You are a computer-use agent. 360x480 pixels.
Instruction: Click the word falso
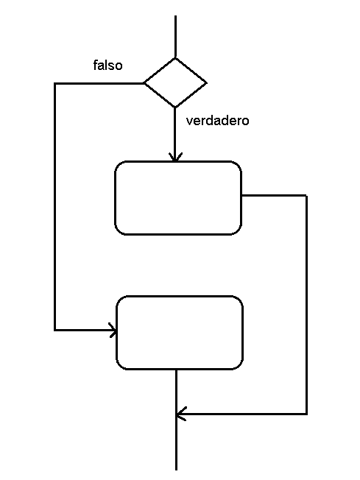[x=107, y=66]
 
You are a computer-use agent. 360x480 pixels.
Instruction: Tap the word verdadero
[x=217, y=121]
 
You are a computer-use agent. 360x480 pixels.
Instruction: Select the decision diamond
[x=175, y=82]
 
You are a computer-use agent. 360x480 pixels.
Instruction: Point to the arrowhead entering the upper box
[x=175, y=157]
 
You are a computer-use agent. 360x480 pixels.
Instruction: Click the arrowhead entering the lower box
[x=113, y=331]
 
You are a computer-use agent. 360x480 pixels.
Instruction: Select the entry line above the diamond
[x=175, y=36]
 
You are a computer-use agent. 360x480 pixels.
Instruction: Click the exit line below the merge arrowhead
[x=177, y=442]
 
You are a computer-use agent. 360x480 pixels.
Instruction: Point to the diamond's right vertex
[x=207, y=82]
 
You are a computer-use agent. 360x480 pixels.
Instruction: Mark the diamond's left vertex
[x=144, y=82]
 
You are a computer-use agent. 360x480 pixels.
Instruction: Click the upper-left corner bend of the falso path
[x=55, y=83]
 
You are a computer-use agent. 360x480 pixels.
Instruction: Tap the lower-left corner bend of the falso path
[x=55, y=331]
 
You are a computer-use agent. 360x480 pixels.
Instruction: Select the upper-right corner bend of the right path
[x=306, y=195]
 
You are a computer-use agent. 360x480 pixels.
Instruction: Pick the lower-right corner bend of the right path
[x=306, y=414]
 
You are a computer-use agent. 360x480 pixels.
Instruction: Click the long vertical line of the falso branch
[x=55, y=207]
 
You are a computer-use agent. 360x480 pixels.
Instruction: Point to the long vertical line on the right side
[x=306, y=305]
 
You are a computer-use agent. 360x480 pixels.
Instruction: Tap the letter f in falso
[x=95, y=65]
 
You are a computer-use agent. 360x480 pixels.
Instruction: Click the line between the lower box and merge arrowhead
[x=177, y=392]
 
